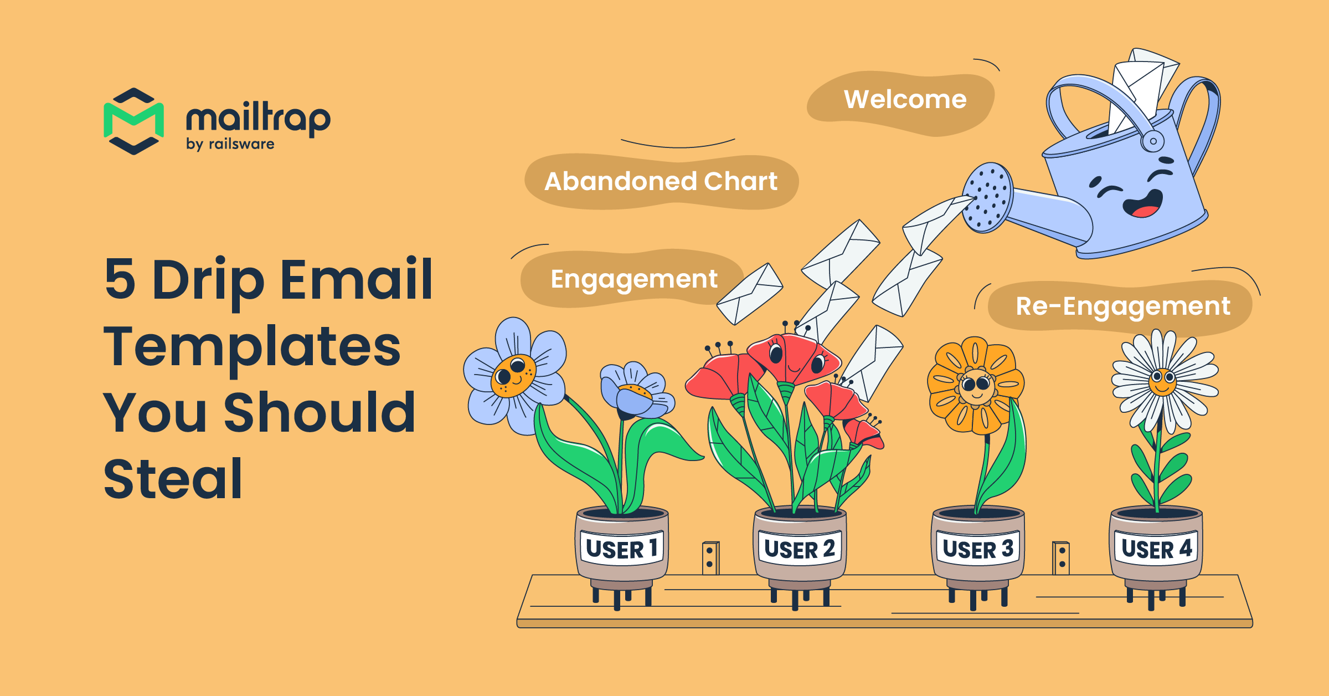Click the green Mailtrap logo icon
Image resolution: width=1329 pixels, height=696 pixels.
pos(133,121)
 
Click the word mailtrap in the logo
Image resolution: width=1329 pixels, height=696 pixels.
pos(258,118)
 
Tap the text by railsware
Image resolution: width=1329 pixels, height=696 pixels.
pos(230,144)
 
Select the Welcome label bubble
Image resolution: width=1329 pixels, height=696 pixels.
pos(905,100)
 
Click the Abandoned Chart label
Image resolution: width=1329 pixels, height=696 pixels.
pos(661,182)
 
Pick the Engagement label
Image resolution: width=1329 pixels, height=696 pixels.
pos(633,279)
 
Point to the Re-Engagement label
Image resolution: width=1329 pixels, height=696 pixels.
pos(1122,306)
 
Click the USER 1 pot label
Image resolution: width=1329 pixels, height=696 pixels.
pos(621,549)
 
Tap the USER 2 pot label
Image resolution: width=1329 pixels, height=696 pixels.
pos(799,549)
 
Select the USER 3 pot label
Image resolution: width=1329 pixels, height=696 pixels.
pos(978,549)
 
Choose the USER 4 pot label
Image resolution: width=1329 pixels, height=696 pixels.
pos(1156,549)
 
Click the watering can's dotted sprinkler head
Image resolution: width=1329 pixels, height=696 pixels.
pos(987,197)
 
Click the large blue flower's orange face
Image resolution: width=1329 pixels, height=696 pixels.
pos(513,375)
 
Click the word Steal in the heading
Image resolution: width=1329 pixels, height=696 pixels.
pos(173,479)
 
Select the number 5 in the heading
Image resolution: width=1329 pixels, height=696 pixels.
pos(120,279)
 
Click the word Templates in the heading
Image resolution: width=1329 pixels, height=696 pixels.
pos(252,347)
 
